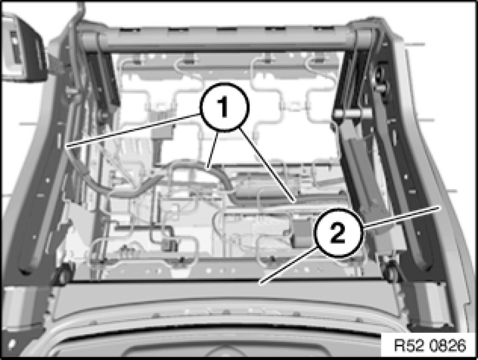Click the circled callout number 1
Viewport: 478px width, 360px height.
(224, 107)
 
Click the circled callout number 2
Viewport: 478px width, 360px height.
(338, 233)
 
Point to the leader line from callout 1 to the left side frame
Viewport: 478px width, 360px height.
(133, 131)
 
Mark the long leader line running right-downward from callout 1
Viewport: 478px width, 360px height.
(267, 165)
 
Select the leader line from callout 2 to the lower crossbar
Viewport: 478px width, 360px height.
(288, 266)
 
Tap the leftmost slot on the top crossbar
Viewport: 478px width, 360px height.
(130, 30)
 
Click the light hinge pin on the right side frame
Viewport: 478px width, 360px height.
(352, 114)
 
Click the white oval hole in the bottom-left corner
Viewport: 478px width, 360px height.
(12, 344)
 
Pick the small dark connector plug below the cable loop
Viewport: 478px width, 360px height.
(170, 245)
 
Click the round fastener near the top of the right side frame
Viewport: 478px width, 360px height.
(381, 74)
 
